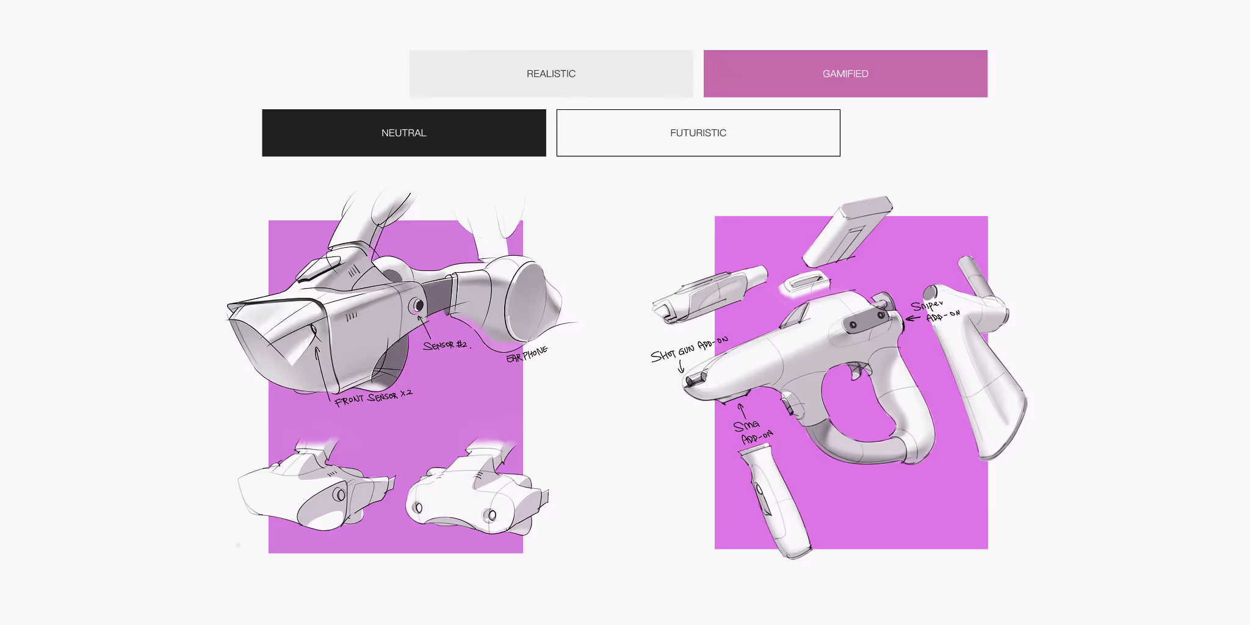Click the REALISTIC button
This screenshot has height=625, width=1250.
(551, 74)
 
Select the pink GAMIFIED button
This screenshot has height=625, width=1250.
(845, 74)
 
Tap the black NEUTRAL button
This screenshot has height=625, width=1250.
(404, 133)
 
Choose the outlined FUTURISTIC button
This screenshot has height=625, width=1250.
(698, 133)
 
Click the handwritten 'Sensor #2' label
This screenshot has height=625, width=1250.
(446, 345)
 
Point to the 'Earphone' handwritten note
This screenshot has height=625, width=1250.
(527, 354)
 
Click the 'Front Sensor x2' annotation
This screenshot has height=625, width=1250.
(373, 398)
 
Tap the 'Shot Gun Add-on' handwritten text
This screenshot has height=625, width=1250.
(689, 349)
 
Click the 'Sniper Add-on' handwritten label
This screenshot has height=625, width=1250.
(935, 311)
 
